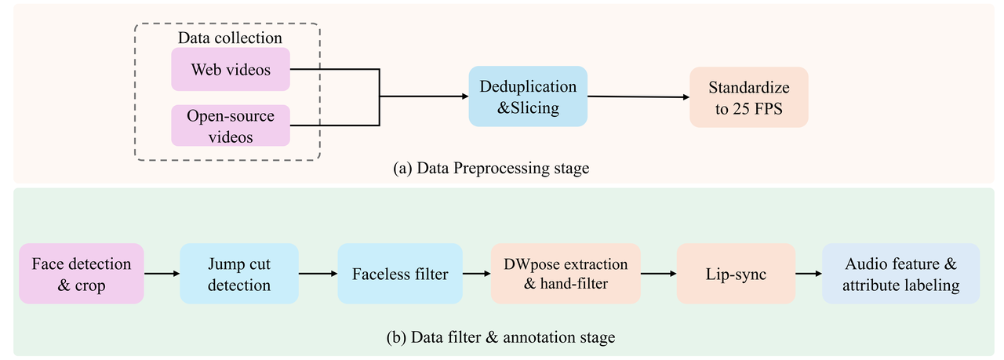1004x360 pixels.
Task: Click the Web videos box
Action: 231,69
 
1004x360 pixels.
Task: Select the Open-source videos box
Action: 231,125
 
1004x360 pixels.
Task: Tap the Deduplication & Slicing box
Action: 528,96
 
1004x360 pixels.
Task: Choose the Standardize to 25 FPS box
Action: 748,97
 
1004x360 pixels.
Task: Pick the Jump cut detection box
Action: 239,274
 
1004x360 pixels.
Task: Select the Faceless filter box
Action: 400,274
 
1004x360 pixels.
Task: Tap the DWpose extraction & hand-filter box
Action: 566,274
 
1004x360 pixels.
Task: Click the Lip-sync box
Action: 736,274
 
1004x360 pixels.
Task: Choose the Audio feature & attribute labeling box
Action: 900,274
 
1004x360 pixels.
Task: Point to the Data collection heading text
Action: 230,38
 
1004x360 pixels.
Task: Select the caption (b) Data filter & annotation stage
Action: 501,338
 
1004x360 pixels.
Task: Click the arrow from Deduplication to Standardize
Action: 638,97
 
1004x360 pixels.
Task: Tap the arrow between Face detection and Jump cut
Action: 162,274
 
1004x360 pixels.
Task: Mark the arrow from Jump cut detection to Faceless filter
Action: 318,274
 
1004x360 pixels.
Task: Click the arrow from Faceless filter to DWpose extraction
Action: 477,274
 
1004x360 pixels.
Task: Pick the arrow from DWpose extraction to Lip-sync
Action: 658,274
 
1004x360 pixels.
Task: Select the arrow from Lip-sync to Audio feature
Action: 808,274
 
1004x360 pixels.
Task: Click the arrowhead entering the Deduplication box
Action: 463,96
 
